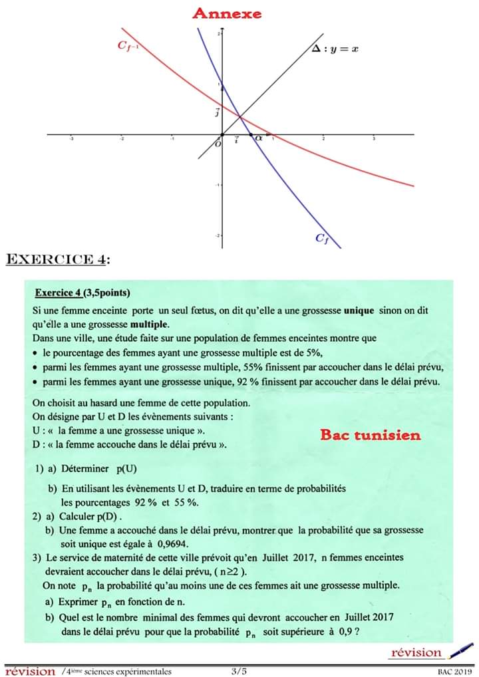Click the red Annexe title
click(227, 13)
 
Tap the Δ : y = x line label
click(335, 49)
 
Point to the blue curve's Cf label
click(323, 237)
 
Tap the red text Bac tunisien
click(370, 435)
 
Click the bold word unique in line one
click(359, 311)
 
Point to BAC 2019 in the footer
click(454, 672)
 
